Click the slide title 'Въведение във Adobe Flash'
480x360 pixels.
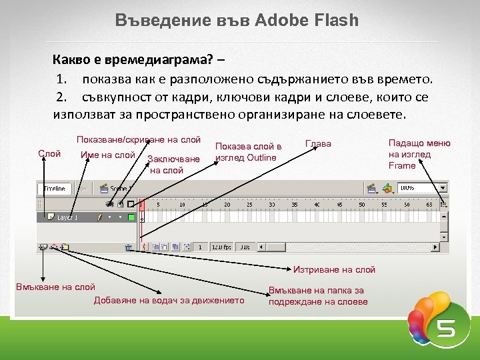237,19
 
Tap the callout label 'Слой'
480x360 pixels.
49,153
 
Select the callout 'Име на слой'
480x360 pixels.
107,155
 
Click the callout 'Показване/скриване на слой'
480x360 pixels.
138,139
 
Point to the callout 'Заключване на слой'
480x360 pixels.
173,164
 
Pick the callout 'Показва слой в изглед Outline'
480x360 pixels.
248,152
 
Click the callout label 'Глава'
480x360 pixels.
317,143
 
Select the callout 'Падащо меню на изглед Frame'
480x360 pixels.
419,154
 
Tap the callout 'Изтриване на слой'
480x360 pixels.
334,269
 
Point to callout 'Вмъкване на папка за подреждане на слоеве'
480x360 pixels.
318,296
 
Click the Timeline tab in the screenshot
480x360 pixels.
54,189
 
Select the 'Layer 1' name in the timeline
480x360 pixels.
67,217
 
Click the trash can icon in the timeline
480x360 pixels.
128,247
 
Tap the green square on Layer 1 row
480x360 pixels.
131,217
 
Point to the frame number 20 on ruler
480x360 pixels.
227,204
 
